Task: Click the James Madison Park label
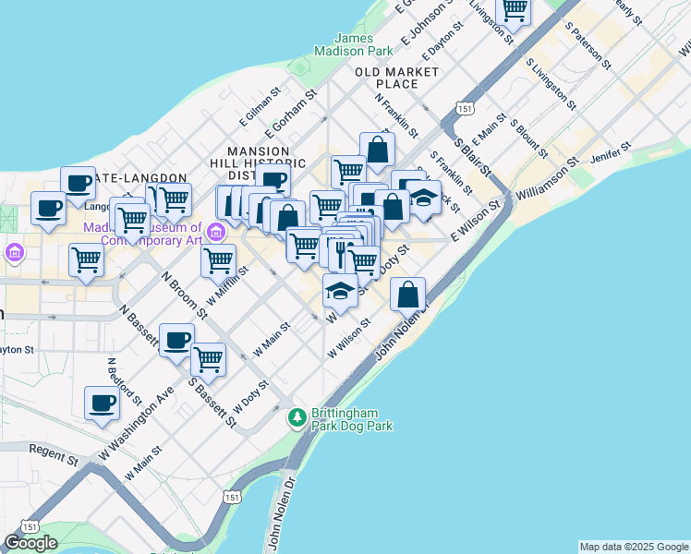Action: (x=354, y=45)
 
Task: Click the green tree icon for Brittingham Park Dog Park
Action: (x=297, y=418)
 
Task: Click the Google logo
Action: (x=30, y=543)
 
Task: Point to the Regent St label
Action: (x=54, y=454)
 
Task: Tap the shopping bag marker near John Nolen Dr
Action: (x=407, y=295)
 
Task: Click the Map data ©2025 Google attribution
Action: (x=634, y=547)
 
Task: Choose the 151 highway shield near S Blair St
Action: (x=465, y=109)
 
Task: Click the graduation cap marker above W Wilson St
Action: (x=340, y=292)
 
